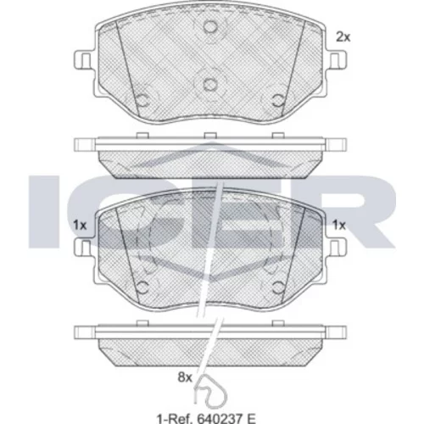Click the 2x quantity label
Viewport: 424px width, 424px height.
pos(343,37)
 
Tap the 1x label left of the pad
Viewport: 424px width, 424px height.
pos(80,226)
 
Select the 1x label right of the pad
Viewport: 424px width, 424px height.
pos(339,226)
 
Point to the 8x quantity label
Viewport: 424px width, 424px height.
pos(185,377)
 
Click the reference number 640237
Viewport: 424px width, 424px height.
pos(220,417)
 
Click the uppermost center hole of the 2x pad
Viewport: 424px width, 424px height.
pos(210,27)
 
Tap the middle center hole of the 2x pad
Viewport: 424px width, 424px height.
pos(210,84)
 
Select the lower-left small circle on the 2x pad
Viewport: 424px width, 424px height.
pos(142,100)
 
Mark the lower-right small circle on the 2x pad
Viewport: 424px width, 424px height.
pos(277,100)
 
